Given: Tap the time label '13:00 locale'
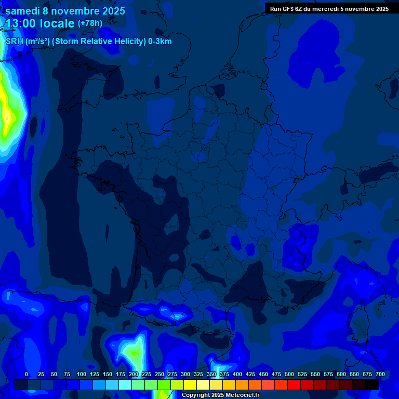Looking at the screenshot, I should (x=41, y=24).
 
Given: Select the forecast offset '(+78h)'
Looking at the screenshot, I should (x=90, y=23).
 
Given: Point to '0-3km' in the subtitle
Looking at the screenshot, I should (x=160, y=42).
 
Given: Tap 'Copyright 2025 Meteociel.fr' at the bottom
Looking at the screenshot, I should (x=220, y=395).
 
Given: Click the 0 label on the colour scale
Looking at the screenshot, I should (x=26, y=375).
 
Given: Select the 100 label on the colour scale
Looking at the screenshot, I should (x=82, y=375).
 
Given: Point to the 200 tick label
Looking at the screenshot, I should (x=134, y=375).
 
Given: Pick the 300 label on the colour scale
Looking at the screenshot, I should (x=185, y=375).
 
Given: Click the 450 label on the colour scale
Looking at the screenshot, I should (x=263, y=375).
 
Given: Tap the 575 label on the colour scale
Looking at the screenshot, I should (x=328, y=375).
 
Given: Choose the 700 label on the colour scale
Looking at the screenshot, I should (x=380, y=375).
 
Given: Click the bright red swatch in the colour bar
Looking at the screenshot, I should (x=294, y=384).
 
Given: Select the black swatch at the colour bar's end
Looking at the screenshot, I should (x=372, y=384).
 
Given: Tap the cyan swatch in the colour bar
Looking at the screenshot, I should (x=125, y=384).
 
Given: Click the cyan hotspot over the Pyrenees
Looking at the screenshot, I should (x=178, y=315).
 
